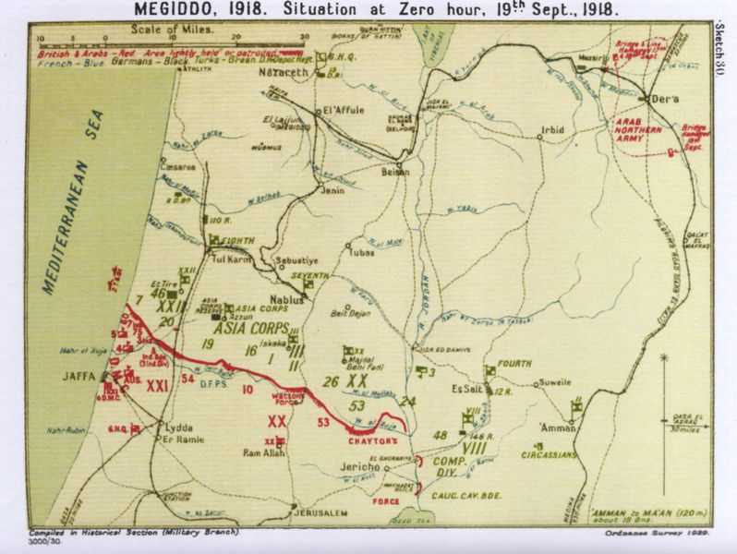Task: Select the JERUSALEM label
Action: (321, 512)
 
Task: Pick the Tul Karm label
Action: (233, 259)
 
